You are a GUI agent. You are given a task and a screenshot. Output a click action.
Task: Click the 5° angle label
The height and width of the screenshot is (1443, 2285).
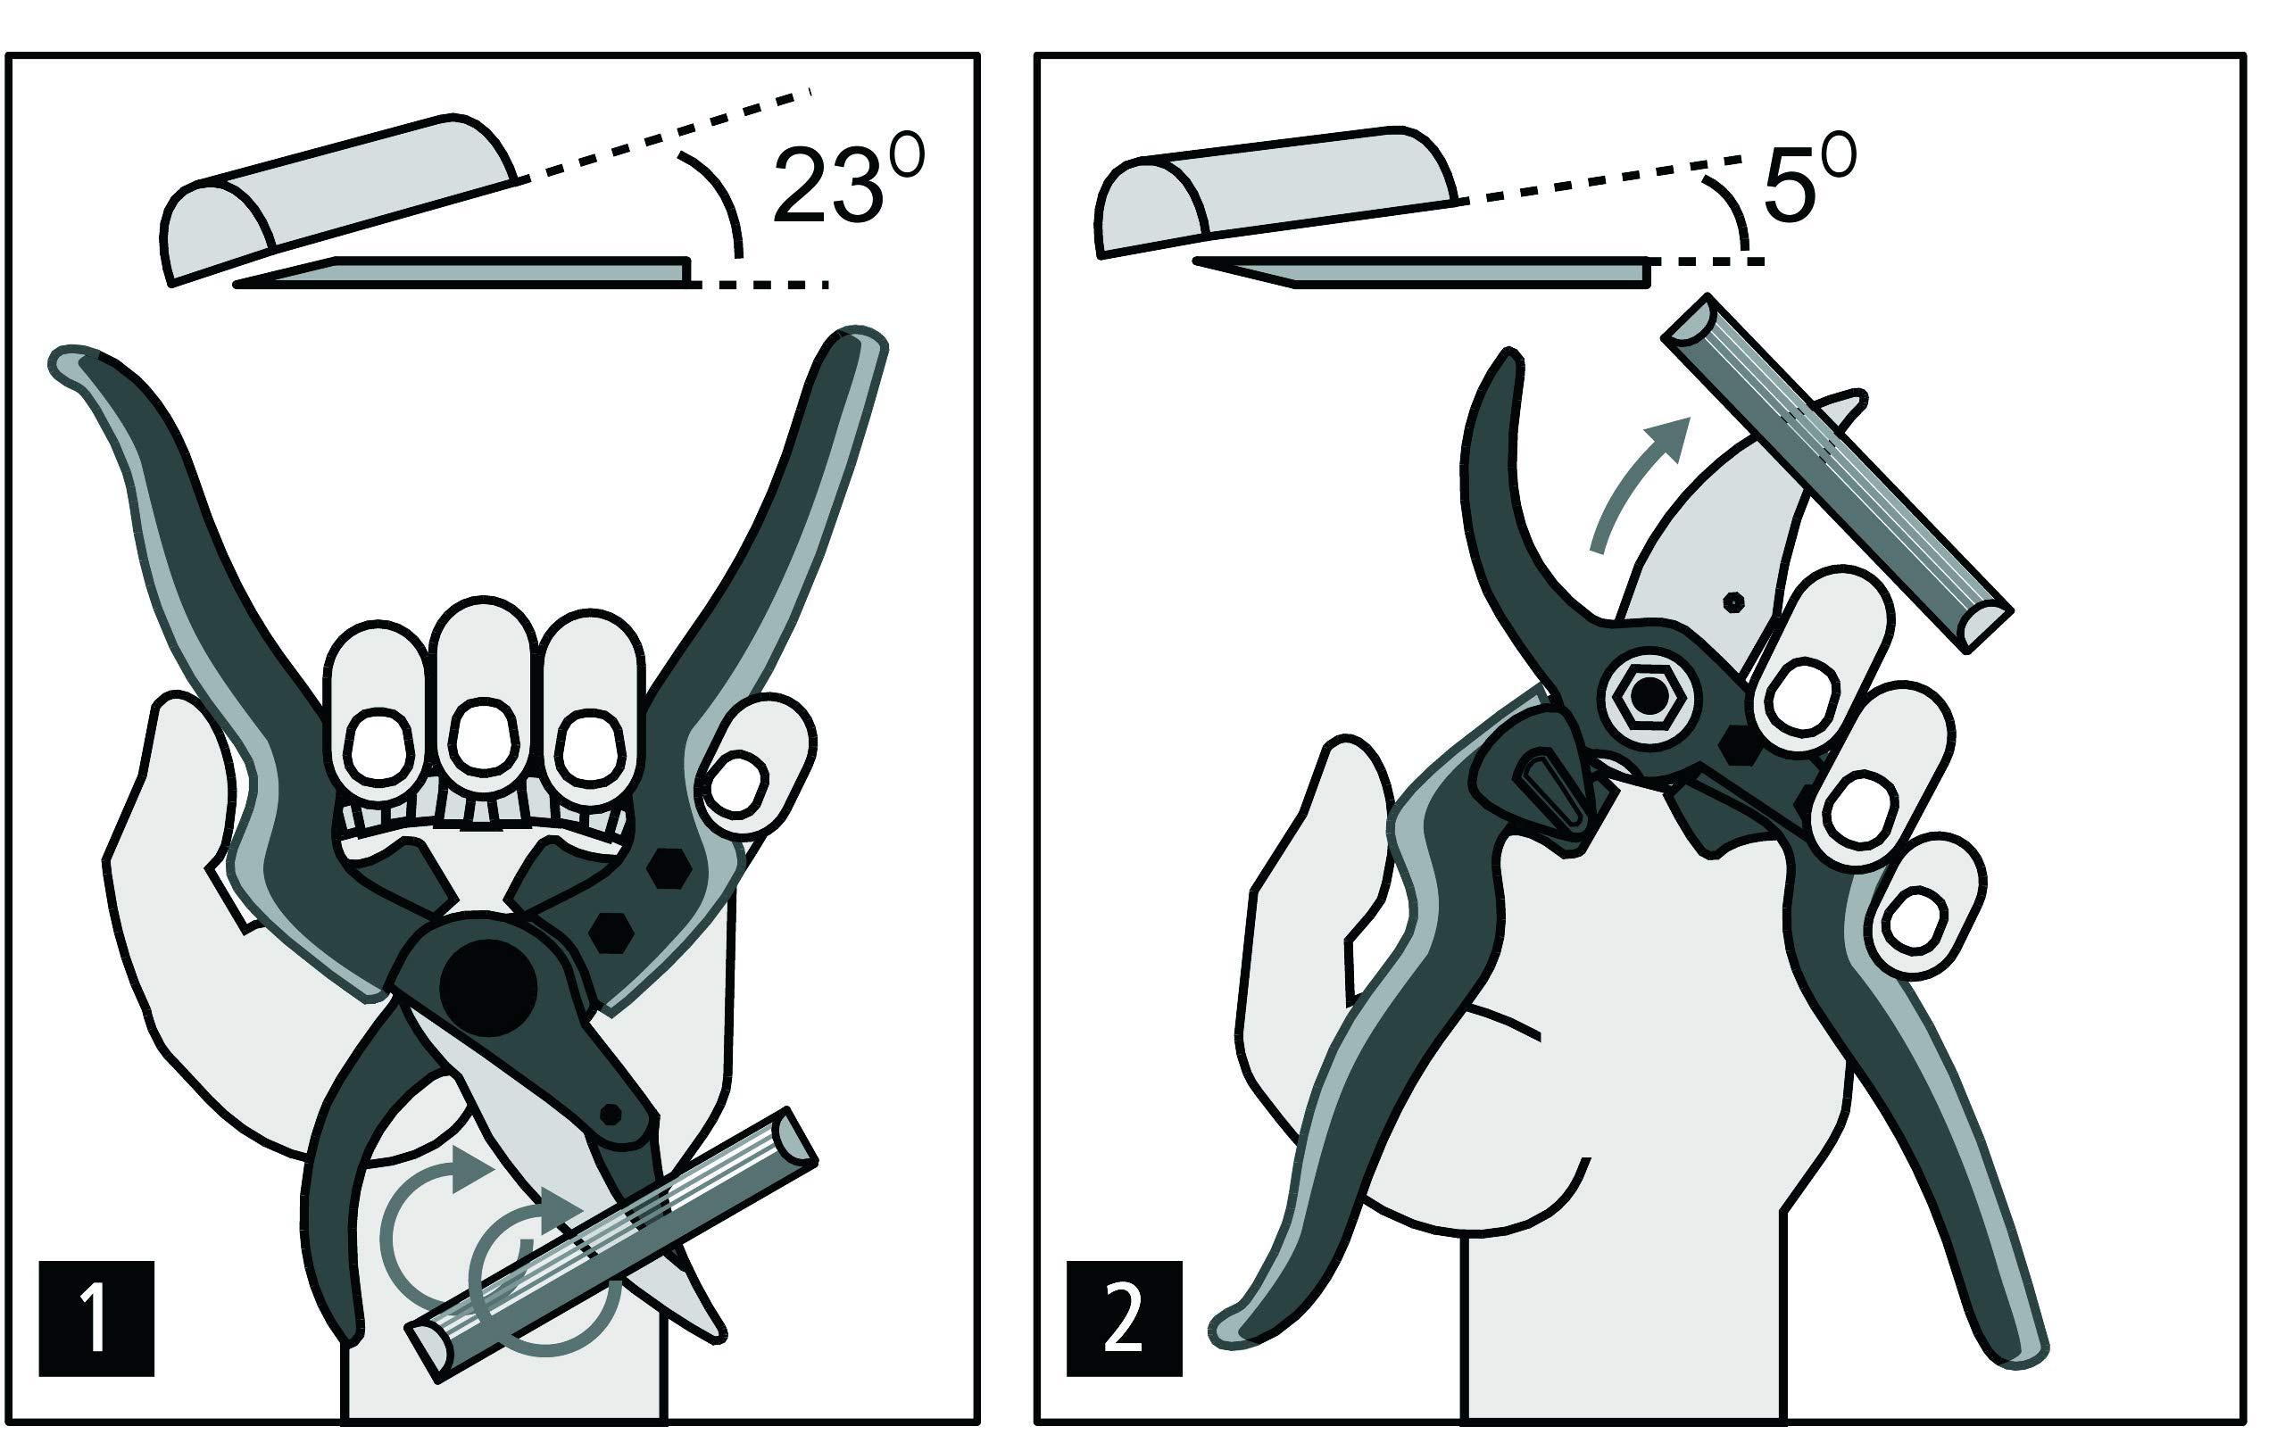click(x=1808, y=180)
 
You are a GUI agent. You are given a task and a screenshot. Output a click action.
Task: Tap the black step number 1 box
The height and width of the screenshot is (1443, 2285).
click(x=96, y=1318)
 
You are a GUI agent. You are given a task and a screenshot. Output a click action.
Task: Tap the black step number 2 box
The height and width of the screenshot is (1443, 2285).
click(x=1125, y=1318)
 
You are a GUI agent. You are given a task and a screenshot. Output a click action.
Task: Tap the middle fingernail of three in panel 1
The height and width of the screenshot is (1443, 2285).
click(x=483, y=736)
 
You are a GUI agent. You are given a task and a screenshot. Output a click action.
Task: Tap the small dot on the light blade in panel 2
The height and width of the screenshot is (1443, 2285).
click(x=1733, y=601)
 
